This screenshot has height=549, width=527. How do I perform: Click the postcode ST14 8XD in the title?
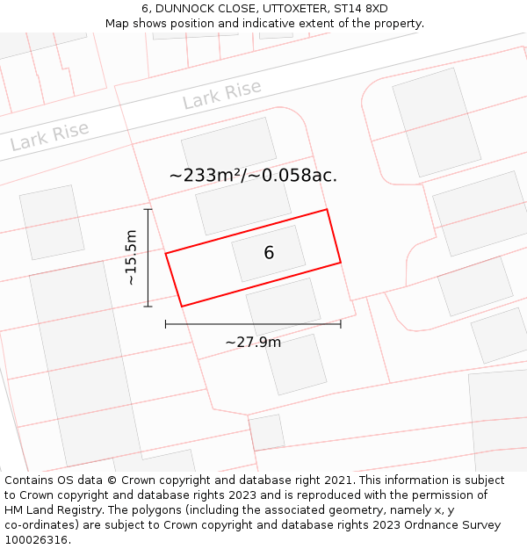(x=360, y=9)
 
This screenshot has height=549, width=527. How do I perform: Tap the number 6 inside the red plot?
(x=269, y=253)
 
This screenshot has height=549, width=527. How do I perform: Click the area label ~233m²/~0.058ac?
(x=253, y=176)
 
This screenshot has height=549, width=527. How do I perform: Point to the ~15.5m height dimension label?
(x=131, y=257)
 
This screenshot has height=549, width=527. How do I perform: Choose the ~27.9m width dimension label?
(x=253, y=342)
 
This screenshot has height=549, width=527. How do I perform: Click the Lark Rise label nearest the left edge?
(x=49, y=136)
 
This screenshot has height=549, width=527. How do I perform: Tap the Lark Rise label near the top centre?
(x=221, y=95)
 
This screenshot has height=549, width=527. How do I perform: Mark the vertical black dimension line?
(x=148, y=257)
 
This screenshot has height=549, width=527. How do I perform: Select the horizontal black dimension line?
(x=253, y=324)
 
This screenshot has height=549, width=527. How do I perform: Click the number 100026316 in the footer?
(x=37, y=539)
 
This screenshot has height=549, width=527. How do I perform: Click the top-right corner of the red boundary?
(x=327, y=209)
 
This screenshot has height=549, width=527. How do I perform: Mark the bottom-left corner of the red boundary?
(x=182, y=306)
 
